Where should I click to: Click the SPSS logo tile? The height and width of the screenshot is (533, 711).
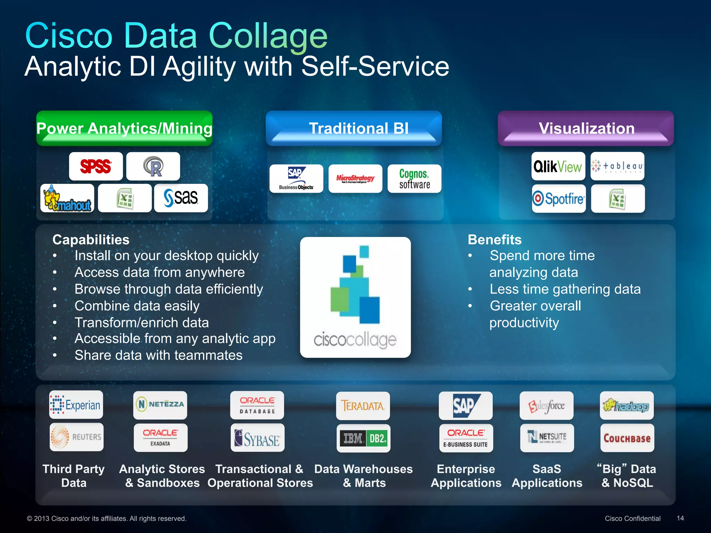tap(96, 166)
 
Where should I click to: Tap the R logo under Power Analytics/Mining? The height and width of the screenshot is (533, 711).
tap(153, 166)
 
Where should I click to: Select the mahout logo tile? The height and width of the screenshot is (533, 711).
tap(67, 198)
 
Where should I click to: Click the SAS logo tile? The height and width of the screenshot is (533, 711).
tap(181, 198)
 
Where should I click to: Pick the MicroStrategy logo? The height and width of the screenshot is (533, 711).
tap(355, 179)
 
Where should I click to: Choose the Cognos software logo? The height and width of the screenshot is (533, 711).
tap(414, 179)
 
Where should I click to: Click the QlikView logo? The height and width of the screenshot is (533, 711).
tap(558, 166)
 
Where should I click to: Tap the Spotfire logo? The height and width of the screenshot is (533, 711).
tap(559, 198)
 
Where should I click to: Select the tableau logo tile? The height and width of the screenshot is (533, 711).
tap(617, 166)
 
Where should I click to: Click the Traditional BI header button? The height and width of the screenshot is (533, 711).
tap(354, 128)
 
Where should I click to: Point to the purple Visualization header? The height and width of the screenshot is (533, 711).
tap(586, 128)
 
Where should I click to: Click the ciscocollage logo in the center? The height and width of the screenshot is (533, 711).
tap(355, 297)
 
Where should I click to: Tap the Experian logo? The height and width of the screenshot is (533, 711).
tap(76, 405)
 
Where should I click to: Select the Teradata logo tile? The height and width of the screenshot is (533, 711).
tap(363, 406)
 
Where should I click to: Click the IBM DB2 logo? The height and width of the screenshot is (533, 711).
tap(363, 438)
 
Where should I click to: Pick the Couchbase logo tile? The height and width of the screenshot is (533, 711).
tap(627, 438)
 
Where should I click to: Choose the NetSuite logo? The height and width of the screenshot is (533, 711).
tap(547, 438)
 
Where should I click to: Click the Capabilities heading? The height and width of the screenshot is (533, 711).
tap(91, 240)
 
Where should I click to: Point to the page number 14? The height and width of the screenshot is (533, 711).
tap(680, 518)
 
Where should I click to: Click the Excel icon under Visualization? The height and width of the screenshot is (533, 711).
tap(618, 198)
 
